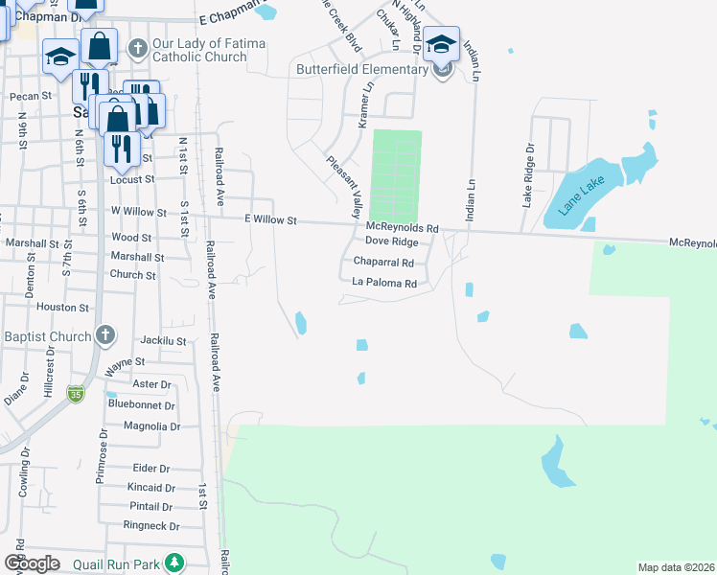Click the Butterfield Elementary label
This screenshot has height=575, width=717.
point(362,69)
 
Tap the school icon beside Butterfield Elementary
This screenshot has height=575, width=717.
point(441,44)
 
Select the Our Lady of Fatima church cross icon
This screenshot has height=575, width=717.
point(138,47)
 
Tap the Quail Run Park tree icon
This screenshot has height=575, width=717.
point(173,561)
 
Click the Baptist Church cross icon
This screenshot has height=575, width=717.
point(105,335)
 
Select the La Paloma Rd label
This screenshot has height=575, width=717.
point(384,284)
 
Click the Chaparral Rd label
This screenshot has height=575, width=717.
point(383,263)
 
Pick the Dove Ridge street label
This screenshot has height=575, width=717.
point(392,242)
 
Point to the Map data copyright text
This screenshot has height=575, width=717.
point(676,567)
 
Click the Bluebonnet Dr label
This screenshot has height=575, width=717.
point(142,405)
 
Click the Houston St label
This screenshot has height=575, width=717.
point(62,308)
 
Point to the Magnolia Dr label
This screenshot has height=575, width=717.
point(147,425)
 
